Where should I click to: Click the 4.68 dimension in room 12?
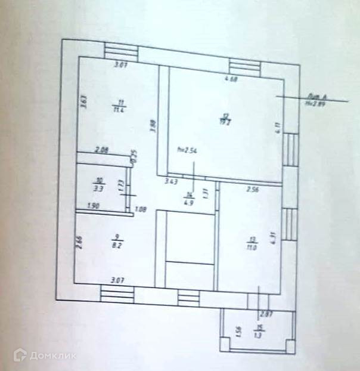pyautogui.click(x=230, y=79)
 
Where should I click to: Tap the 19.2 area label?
pyautogui.click(x=226, y=123)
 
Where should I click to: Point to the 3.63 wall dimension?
pyautogui.click(x=85, y=103)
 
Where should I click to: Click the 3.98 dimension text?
pyautogui.click(x=153, y=126)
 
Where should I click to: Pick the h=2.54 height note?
pyautogui.click(x=188, y=150)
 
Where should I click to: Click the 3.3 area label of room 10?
pyautogui.click(x=100, y=187)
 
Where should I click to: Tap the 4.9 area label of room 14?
pyautogui.click(x=190, y=202)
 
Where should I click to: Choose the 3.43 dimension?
pyautogui.click(x=172, y=181)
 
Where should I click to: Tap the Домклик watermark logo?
pyautogui.click(x=45, y=356)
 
